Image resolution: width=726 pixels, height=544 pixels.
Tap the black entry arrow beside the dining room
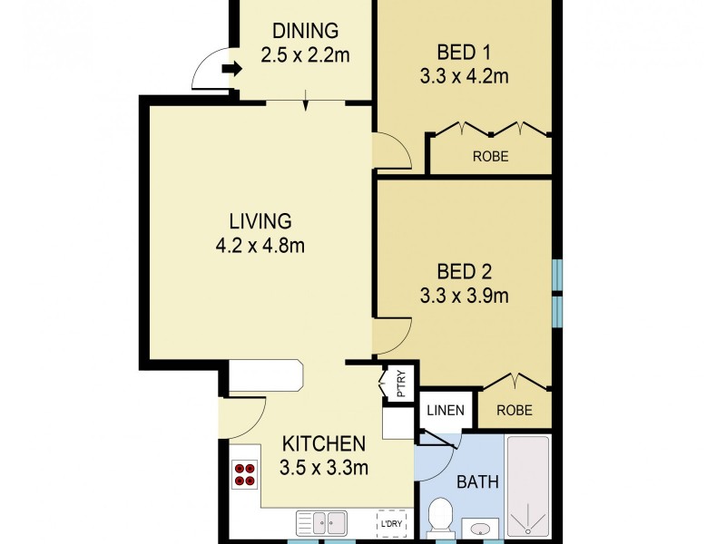(x=232, y=69)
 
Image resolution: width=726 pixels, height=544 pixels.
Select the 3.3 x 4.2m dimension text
(x=463, y=76)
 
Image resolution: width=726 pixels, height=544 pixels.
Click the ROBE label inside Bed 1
(x=490, y=157)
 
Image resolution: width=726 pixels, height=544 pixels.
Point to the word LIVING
(x=260, y=220)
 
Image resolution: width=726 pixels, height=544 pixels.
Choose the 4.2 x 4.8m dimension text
(x=260, y=245)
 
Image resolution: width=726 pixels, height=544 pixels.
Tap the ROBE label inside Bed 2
(x=515, y=410)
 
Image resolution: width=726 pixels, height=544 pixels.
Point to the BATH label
(x=476, y=481)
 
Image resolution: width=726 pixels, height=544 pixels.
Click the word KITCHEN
(x=324, y=444)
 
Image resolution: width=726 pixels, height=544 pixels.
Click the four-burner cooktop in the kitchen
(x=245, y=473)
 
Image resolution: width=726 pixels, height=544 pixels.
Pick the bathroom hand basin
(x=479, y=528)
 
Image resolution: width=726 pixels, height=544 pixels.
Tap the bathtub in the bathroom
(x=527, y=485)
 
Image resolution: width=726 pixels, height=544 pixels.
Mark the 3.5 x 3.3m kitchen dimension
(x=324, y=469)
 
